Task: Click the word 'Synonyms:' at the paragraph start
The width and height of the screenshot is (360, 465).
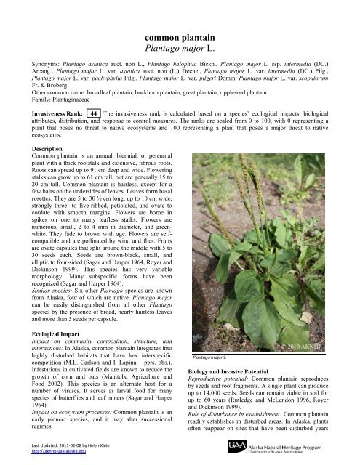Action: click(x=38, y=64)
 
